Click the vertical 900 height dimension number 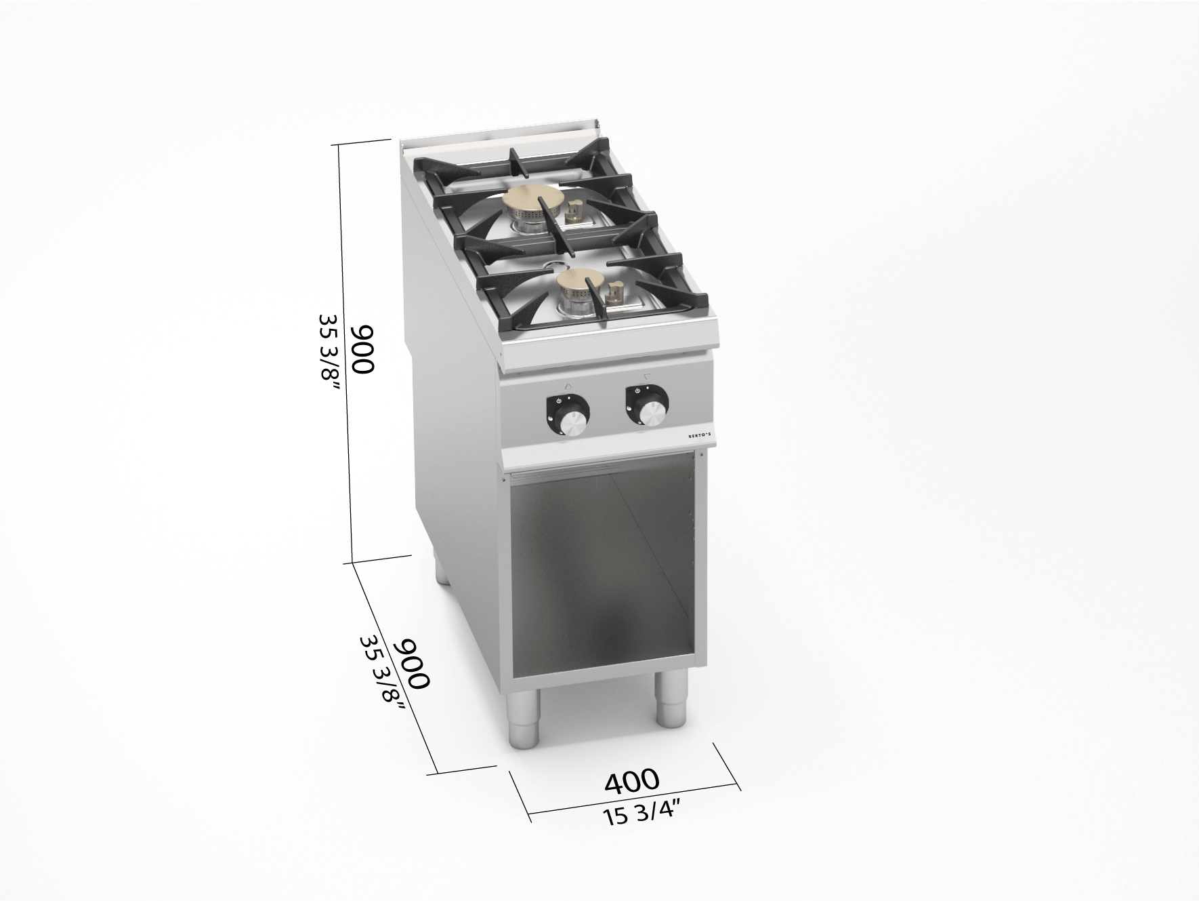362,349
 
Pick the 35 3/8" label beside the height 329,355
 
